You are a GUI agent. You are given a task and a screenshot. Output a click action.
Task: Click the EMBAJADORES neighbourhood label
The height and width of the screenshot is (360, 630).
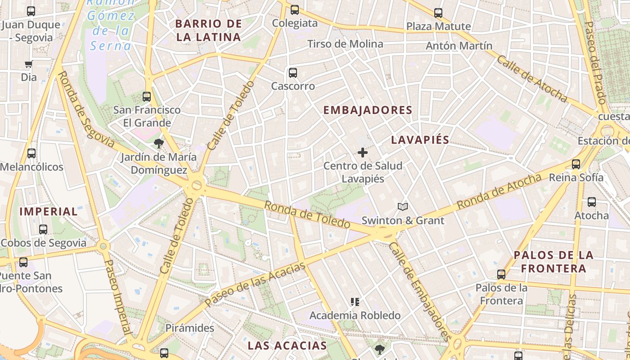[368, 110]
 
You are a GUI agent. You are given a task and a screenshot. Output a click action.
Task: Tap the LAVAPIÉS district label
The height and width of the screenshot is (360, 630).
[420, 140]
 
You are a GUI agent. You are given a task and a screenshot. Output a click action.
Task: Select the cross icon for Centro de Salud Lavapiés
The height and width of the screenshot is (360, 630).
[363, 153]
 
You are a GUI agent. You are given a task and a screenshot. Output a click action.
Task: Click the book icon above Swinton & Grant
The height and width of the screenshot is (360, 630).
[403, 207]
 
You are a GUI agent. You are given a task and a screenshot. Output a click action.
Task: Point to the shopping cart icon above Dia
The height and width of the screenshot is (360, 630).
[29, 64]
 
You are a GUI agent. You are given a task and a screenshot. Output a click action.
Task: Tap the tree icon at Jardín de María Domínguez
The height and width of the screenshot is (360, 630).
[158, 144]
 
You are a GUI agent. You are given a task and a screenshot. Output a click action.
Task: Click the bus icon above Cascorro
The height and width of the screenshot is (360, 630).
[293, 72]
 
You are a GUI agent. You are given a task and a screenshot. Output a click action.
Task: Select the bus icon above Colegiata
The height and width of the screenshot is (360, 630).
[295, 9]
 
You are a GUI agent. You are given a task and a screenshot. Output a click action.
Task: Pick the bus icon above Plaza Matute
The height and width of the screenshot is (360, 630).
[438, 13]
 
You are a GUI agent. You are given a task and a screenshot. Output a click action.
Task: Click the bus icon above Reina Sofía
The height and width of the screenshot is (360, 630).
[576, 164]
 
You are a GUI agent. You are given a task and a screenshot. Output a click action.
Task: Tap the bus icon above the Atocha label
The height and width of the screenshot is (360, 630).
[592, 202]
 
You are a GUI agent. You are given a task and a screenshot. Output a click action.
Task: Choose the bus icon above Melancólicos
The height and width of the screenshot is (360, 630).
[31, 153]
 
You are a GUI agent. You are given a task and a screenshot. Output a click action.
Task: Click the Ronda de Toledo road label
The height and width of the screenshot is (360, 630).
[307, 215]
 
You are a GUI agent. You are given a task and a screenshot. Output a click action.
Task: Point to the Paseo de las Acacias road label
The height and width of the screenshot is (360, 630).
[255, 284]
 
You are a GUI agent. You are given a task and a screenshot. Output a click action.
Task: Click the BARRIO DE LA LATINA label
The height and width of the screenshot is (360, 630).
[208, 30]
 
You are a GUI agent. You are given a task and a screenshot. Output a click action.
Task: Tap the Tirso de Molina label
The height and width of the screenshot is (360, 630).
[345, 44]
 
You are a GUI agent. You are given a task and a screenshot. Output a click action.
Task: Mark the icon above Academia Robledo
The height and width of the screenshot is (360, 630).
[355, 302]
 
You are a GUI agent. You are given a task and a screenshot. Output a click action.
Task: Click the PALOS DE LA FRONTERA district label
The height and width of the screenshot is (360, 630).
[553, 262]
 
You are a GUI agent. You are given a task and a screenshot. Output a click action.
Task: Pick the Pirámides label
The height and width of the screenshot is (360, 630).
[190, 328]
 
